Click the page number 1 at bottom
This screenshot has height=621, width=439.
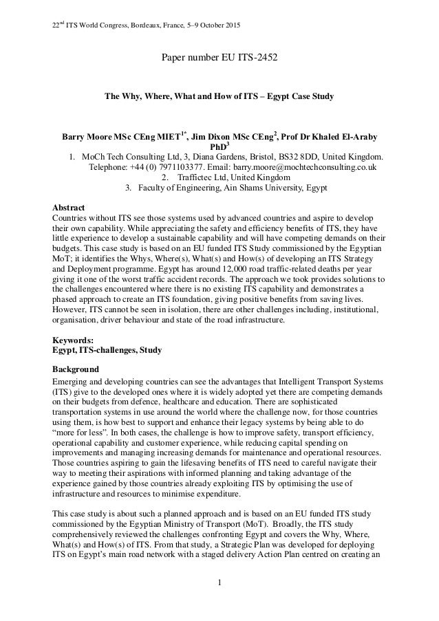pyautogui.click(x=219, y=585)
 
